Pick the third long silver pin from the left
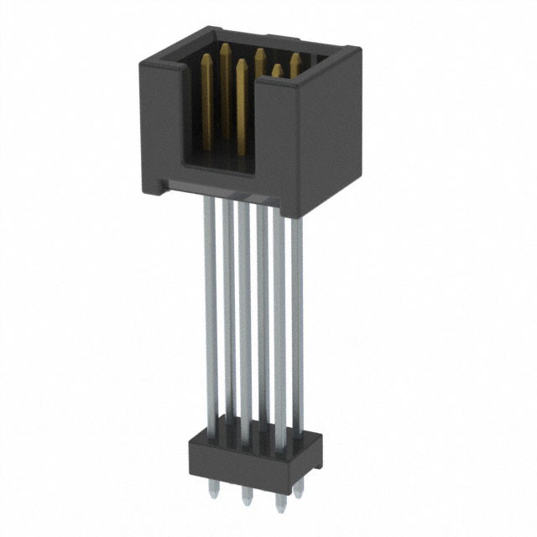click(244, 319)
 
